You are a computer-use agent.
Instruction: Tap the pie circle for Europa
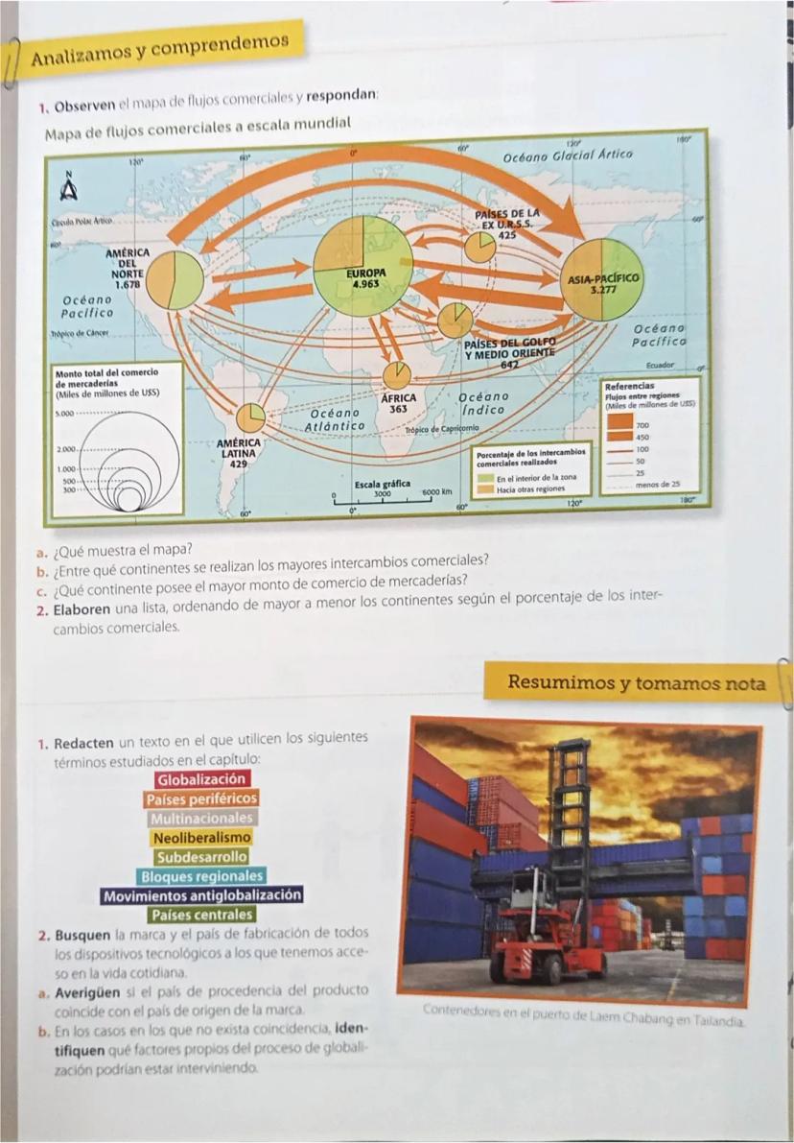(x=363, y=266)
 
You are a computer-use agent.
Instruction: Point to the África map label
(x=396, y=400)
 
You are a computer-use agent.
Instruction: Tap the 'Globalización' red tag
(x=201, y=779)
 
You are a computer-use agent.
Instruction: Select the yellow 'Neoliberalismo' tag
(x=201, y=837)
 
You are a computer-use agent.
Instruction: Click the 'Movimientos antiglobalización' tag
(x=201, y=895)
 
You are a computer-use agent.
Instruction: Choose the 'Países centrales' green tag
(x=201, y=915)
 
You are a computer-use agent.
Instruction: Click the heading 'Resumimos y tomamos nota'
(x=636, y=683)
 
